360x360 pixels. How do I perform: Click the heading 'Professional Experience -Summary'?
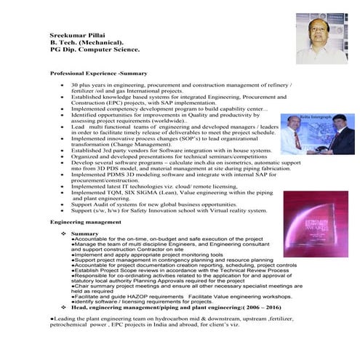(98, 74)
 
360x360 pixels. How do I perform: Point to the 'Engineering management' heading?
(86, 220)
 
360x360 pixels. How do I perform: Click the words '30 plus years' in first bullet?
(88, 86)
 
